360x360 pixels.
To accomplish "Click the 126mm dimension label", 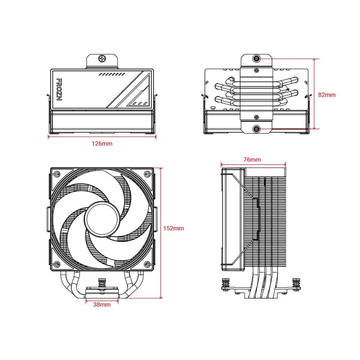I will pos(102,144).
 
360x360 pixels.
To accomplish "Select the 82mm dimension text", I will pos(327,95).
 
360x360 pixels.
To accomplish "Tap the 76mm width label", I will pos(252,159).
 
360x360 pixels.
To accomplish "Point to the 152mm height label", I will pos(173,228).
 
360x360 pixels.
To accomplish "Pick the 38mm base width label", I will pos(102,305).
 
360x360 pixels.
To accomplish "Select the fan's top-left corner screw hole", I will pos(57,174).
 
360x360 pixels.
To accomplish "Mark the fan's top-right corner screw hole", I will pos(147,174).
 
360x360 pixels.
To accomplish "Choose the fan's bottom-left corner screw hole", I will pos(57,265).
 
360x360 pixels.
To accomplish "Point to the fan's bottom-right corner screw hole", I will pos(147,265).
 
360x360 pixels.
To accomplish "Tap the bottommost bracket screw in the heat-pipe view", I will pos(256,129).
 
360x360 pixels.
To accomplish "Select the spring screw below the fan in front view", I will pos(102,283).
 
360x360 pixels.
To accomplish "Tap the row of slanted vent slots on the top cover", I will pos(112,74).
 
